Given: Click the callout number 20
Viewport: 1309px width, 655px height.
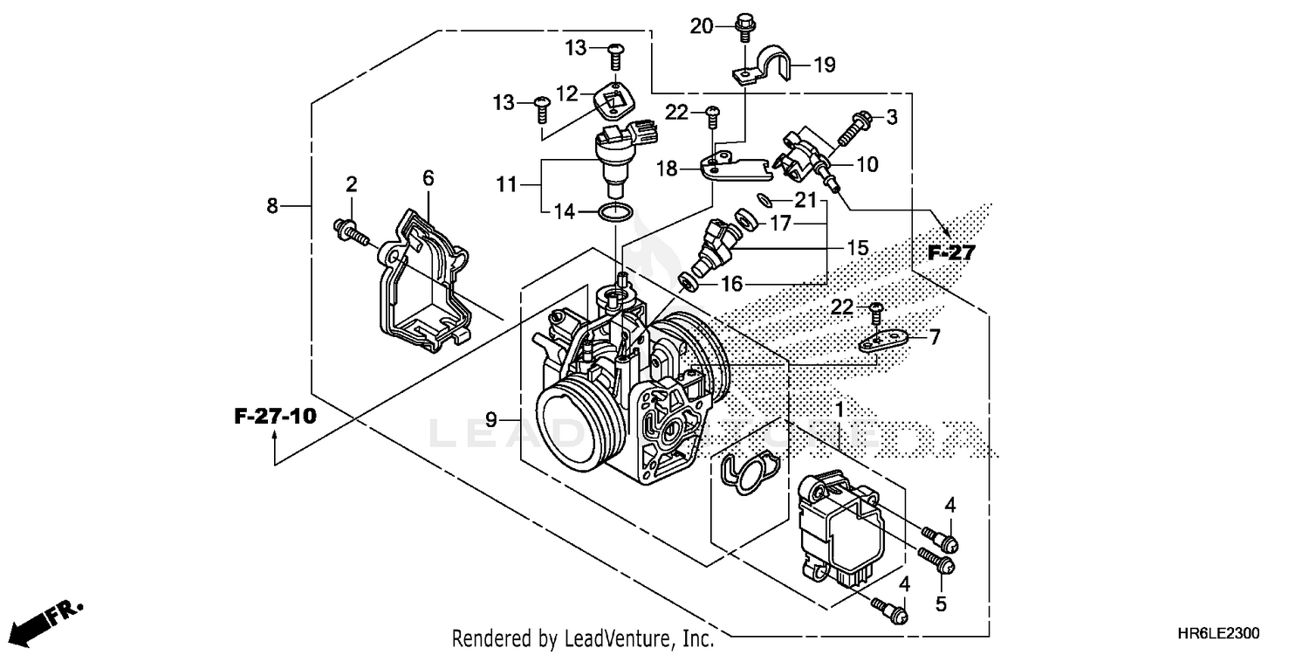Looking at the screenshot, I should tap(702, 27).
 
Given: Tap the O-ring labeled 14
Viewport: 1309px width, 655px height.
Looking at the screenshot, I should tap(615, 211).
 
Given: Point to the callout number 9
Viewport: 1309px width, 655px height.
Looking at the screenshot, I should tap(492, 420).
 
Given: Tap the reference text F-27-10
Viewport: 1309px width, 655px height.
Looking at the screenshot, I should tap(275, 416).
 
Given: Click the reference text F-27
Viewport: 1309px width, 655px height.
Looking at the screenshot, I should tap(950, 253).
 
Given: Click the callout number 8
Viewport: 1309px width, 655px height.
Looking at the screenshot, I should tap(273, 205).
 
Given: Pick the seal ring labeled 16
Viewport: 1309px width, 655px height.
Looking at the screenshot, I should tap(689, 280).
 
